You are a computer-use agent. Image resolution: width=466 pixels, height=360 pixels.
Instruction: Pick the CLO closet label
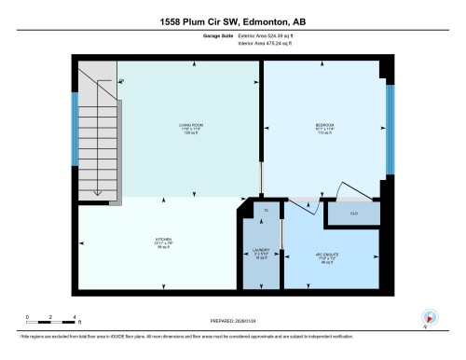(355, 214)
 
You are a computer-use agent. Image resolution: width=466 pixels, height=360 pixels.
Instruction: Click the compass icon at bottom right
(430, 317)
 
